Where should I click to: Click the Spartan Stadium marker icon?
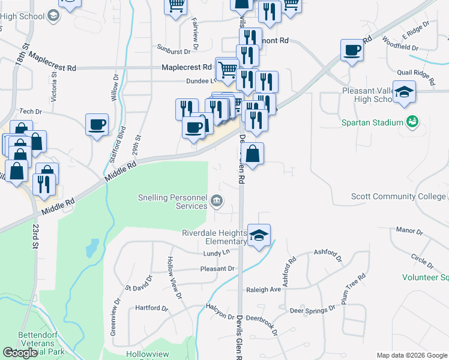(x=411, y=122)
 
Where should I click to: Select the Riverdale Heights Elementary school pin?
(x=259, y=235)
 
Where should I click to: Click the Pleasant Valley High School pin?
(x=405, y=91)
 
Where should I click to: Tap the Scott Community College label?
(x=399, y=196)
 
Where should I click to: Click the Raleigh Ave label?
(x=264, y=289)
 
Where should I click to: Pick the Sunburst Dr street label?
(x=169, y=51)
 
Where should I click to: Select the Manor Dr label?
(x=410, y=230)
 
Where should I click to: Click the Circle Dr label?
(x=422, y=260)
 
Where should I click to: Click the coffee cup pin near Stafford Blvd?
(x=97, y=124)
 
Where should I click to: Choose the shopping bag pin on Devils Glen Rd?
(x=253, y=153)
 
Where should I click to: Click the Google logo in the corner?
(x=20, y=353)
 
